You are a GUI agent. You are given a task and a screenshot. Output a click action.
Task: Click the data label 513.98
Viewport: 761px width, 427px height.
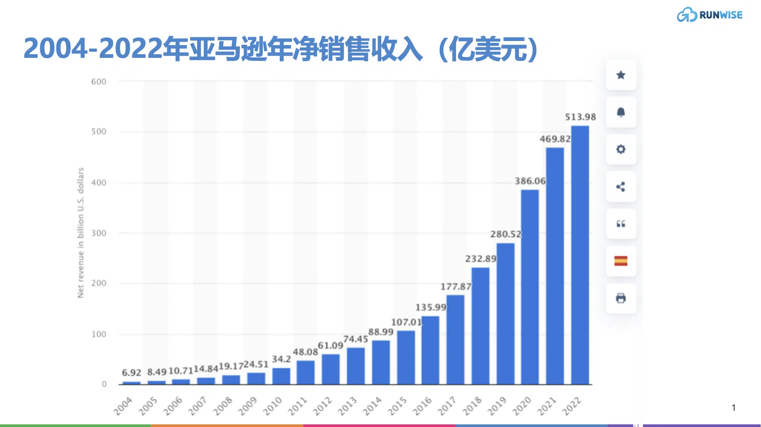click(x=580, y=117)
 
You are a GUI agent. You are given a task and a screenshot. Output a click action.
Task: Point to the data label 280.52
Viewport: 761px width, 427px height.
click(x=505, y=234)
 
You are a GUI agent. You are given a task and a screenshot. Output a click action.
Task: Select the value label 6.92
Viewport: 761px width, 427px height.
click(x=131, y=373)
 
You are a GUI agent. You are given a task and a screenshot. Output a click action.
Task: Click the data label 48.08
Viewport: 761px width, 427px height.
click(x=305, y=352)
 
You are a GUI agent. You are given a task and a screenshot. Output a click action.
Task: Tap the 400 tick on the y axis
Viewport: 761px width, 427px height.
click(x=99, y=183)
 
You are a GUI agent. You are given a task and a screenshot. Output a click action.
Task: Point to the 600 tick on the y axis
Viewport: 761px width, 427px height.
click(x=99, y=82)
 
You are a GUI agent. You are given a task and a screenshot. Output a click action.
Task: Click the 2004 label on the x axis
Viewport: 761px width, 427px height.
click(x=123, y=406)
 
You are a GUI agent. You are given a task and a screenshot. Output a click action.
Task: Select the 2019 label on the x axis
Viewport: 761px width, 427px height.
click(x=497, y=406)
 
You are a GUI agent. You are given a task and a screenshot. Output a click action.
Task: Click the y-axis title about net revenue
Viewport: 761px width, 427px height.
click(x=80, y=233)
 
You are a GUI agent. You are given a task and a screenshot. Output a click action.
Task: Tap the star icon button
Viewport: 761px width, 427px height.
click(x=621, y=75)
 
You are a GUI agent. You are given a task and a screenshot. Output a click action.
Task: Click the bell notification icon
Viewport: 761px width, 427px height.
click(x=621, y=112)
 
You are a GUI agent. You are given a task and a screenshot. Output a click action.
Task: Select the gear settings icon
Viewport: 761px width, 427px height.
click(x=621, y=149)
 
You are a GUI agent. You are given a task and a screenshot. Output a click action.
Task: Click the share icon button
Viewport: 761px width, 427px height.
click(x=621, y=186)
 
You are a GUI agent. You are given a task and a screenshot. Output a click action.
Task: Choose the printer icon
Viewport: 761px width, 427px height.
click(x=621, y=298)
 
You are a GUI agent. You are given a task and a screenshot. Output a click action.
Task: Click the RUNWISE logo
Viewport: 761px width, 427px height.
click(x=709, y=15)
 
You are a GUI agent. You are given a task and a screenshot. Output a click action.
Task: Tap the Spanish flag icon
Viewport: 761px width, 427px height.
click(x=621, y=261)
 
